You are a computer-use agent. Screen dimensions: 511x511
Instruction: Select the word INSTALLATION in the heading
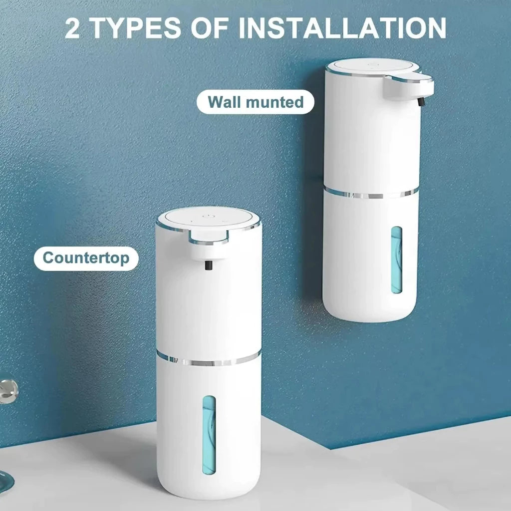(342, 28)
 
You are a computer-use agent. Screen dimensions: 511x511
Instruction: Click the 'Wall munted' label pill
(255, 102)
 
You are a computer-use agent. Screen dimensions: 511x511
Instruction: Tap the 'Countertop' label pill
(86, 258)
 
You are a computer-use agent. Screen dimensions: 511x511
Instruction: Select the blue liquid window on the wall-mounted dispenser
(396, 259)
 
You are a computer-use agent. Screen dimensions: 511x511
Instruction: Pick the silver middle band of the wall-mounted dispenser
(371, 193)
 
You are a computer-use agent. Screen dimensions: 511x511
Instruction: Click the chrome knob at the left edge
(8, 390)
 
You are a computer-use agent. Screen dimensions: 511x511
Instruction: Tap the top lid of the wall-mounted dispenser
(372, 66)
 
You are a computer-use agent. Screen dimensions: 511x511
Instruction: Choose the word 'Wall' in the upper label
(224, 102)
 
